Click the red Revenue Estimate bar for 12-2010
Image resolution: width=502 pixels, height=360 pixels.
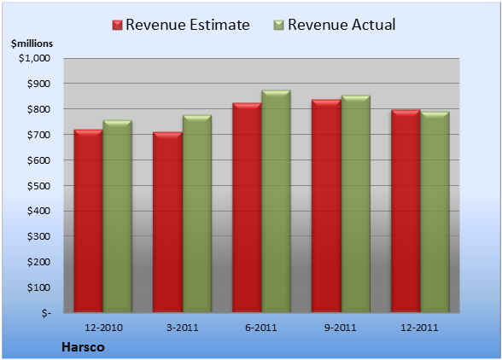click(89, 221)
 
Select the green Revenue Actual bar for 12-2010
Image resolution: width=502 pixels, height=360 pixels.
click(117, 216)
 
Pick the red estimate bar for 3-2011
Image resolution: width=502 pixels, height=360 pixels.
click(167, 222)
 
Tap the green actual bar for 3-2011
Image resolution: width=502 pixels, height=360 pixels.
click(197, 213)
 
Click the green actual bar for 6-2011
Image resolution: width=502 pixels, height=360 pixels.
click(276, 201)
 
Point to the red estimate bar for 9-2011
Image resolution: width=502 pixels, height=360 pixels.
click(326, 206)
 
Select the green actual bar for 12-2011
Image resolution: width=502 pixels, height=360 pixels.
click(435, 212)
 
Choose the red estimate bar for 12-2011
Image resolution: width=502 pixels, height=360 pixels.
click(406, 211)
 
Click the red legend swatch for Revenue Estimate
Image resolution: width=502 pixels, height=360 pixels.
click(117, 25)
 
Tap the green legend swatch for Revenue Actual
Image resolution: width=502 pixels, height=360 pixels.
click(279, 25)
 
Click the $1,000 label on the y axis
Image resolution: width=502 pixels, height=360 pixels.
click(34, 58)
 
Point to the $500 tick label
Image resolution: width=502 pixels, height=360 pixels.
click(38, 186)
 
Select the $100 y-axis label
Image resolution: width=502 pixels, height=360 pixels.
click(38, 287)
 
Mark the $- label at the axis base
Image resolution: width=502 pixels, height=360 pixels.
click(46, 313)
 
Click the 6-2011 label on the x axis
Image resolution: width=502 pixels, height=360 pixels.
click(261, 328)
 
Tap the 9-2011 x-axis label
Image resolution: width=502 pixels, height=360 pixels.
click(341, 328)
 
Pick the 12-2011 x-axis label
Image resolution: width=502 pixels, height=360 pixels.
click(419, 328)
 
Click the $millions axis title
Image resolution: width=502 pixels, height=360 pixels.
click(32, 44)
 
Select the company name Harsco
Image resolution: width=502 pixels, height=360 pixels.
click(84, 347)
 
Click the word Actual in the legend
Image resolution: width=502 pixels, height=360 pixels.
click(374, 25)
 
